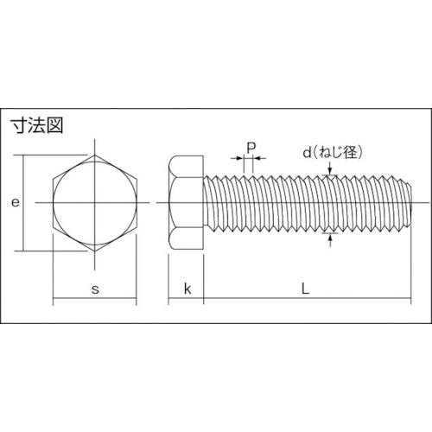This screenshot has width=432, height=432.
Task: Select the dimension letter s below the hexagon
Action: point(95,289)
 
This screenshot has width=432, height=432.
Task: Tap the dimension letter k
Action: point(185,289)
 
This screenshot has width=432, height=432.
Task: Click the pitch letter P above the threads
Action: point(251,146)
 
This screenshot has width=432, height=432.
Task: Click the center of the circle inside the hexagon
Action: point(95,203)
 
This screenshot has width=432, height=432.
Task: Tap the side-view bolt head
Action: point(185,203)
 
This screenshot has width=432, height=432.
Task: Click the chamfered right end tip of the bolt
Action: point(410,203)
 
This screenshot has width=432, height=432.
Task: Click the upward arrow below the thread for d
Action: point(331,237)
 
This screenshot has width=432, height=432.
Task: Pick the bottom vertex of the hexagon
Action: point(95,251)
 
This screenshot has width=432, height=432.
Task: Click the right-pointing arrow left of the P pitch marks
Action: point(239,158)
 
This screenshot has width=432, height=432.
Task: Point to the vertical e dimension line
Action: point(26,203)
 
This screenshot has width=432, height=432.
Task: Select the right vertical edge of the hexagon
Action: point(137,203)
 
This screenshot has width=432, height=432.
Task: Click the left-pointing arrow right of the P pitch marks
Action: point(261,158)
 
